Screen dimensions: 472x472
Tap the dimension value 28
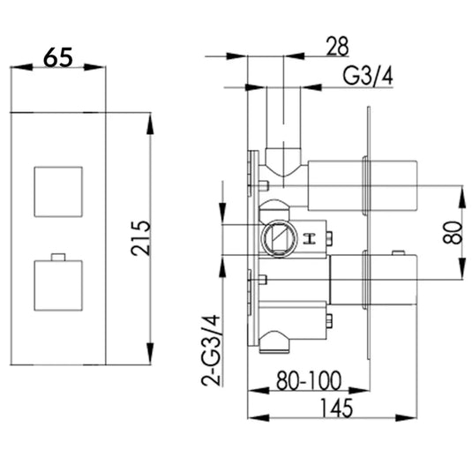pyautogui.click(x=336, y=43)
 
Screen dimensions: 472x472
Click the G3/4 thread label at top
pyautogui.click(x=366, y=78)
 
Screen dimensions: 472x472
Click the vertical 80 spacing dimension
pyautogui.click(x=452, y=232)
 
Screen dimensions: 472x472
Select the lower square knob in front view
pyautogui.click(x=57, y=284)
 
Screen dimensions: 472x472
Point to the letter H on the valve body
pyautogui.click(x=309, y=238)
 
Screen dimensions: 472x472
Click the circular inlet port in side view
pyautogui.click(x=276, y=237)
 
